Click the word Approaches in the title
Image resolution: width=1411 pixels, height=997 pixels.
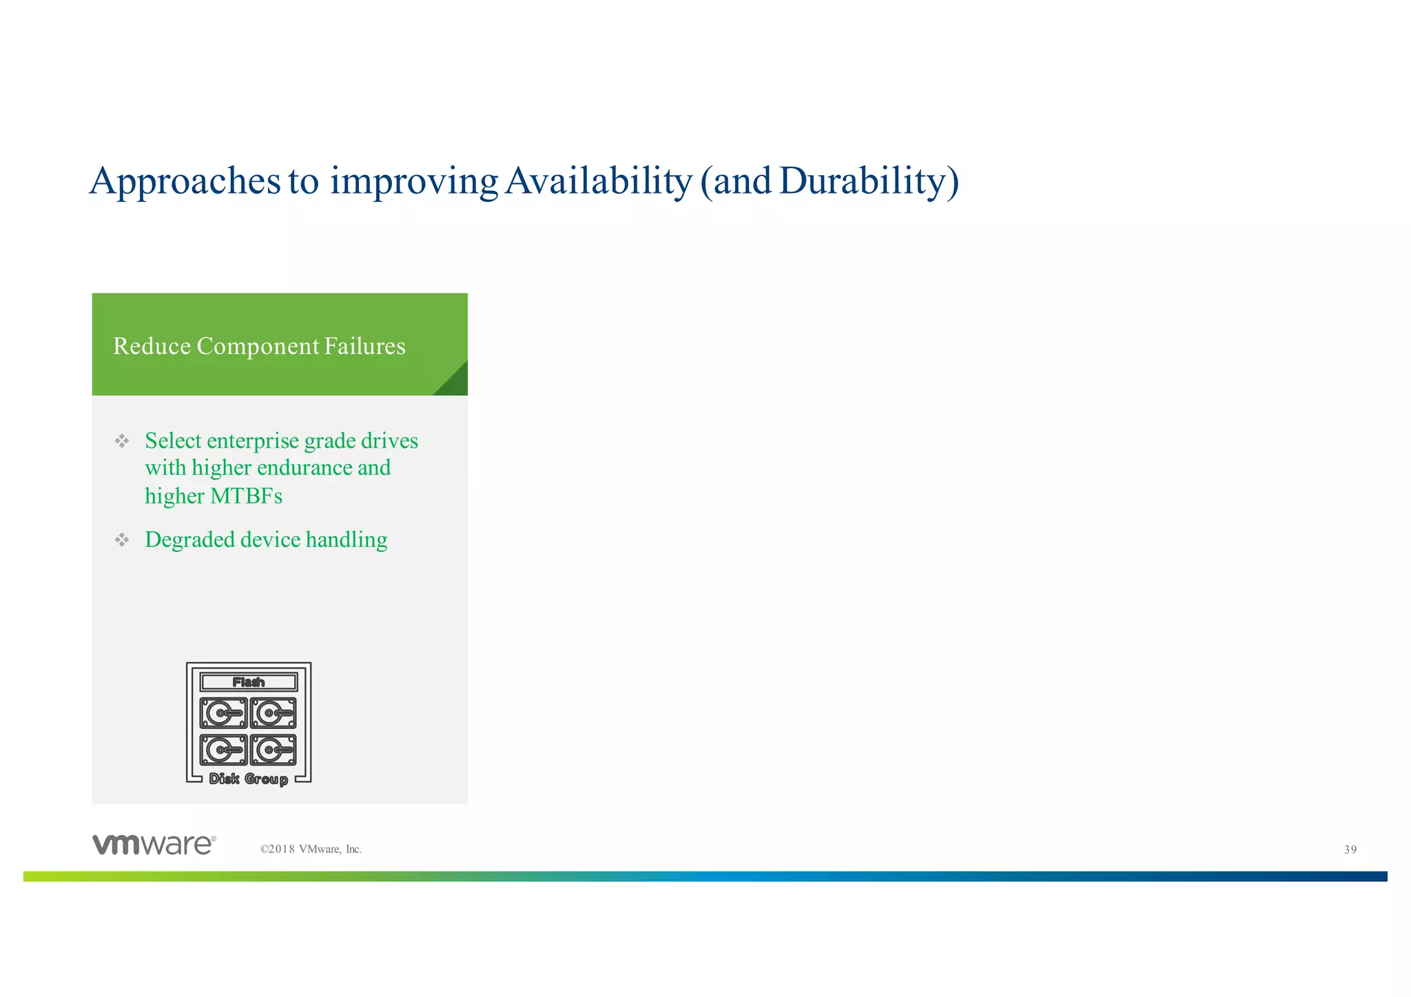(185, 181)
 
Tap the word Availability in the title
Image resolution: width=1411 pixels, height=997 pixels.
(597, 181)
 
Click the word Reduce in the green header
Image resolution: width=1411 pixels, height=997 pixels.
(152, 346)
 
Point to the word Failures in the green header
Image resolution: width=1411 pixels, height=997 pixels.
(364, 346)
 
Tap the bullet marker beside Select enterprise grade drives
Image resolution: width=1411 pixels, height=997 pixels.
(122, 441)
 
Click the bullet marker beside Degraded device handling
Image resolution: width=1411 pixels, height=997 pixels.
(122, 539)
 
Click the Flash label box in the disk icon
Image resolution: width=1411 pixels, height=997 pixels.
(249, 682)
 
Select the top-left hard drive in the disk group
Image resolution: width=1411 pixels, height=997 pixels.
(223, 713)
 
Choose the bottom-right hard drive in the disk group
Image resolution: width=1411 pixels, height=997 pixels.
(274, 750)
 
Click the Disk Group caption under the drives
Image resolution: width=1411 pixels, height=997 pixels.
(249, 779)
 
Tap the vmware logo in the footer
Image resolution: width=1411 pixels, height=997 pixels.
(154, 845)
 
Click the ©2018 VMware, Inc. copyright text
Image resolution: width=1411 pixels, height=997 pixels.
(311, 850)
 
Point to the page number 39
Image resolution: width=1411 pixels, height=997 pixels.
(1350, 850)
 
